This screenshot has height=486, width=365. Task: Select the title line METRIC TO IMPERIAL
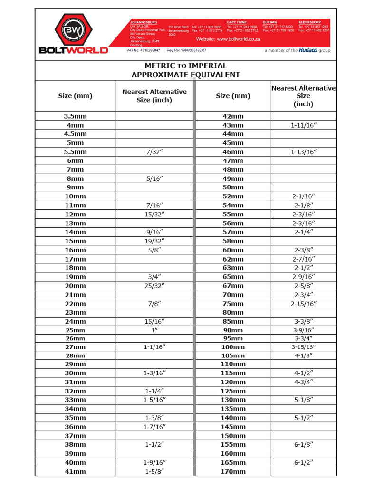(x=185, y=65)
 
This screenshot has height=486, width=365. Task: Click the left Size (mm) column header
(x=75, y=96)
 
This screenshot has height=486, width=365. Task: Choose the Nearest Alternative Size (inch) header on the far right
(x=303, y=96)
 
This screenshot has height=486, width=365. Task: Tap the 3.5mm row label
(x=75, y=116)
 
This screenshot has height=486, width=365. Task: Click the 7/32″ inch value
(x=154, y=152)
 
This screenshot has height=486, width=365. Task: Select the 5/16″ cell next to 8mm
(x=154, y=179)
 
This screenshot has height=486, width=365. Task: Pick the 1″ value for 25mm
(x=154, y=330)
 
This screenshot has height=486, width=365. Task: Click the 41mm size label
(x=75, y=471)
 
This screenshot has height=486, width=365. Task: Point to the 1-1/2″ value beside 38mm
(x=154, y=445)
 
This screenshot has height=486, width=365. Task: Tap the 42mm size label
(x=233, y=116)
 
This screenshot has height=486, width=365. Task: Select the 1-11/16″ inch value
(x=303, y=125)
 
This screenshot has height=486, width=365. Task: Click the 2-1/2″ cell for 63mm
(x=303, y=268)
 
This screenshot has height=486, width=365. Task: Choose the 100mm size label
(x=233, y=347)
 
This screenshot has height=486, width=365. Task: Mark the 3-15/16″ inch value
(x=303, y=347)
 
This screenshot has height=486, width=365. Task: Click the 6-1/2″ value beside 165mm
(x=303, y=462)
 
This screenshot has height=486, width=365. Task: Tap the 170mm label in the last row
(x=233, y=471)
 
